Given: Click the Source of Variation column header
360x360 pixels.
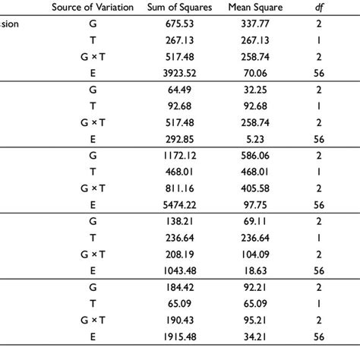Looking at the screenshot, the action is click(92, 8).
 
